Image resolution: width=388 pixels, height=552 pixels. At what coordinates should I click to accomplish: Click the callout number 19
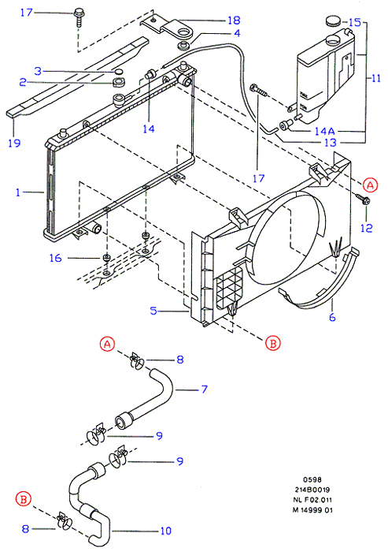(14, 143)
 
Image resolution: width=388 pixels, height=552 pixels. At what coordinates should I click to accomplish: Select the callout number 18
(234, 20)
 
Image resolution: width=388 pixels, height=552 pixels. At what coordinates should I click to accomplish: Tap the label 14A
(324, 132)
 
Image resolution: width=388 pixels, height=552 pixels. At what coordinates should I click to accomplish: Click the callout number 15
(355, 23)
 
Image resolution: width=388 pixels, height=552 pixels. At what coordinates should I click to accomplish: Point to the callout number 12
(366, 228)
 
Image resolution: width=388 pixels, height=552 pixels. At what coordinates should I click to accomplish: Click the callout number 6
(332, 317)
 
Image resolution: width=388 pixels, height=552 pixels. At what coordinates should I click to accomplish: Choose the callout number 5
(153, 311)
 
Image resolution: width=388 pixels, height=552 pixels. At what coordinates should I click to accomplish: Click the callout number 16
(56, 258)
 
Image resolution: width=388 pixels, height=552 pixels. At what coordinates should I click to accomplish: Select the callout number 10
(165, 531)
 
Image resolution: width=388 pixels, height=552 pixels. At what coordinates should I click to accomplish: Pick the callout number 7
(204, 389)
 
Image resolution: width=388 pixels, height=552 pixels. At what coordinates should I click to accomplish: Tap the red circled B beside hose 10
(24, 499)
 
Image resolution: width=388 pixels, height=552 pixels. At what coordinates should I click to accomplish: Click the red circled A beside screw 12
(370, 185)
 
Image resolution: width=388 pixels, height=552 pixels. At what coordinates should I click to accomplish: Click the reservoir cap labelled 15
(333, 21)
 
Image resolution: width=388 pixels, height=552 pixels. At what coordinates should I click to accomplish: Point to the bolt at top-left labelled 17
(79, 17)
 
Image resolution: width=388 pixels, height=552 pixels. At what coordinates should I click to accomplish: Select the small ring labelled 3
(120, 73)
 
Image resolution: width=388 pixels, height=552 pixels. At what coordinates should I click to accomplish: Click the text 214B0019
(312, 490)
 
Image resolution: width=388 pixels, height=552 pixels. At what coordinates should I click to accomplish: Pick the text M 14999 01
(312, 510)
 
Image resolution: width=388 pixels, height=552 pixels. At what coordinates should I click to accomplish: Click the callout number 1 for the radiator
(18, 192)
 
